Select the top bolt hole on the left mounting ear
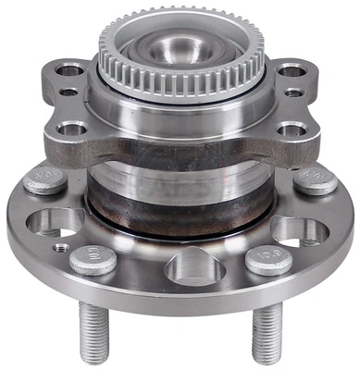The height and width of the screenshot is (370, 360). pyautogui.click(x=69, y=69)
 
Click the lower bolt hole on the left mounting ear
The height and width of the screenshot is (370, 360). pyautogui.click(x=71, y=129)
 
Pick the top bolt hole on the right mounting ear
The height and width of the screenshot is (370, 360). pyautogui.click(x=291, y=69)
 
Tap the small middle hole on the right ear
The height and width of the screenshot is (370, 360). pyautogui.click(x=293, y=92)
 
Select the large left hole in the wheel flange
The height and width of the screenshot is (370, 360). pyautogui.click(x=58, y=222)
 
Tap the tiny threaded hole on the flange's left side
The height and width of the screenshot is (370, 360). pyautogui.click(x=61, y=248)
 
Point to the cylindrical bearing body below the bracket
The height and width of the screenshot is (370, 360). pyautogui.click(x=180, y=190)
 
